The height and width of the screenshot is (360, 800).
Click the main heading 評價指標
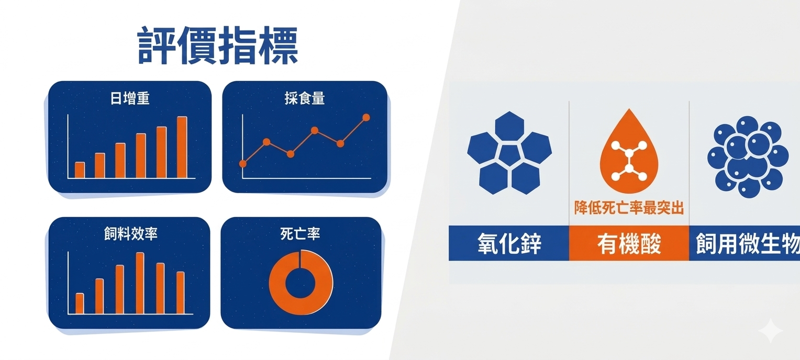tap(217, 46)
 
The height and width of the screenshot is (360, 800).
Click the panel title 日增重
tap(130, 98)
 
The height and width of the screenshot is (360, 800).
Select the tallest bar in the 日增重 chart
tap(182, 147)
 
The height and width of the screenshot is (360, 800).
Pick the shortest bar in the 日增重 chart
tap(80, 170)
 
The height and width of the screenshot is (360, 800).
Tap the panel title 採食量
tap(305, 98)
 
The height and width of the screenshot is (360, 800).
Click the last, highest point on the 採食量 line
tap(366, 117)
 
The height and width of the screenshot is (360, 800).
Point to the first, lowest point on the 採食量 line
tap(243, 164)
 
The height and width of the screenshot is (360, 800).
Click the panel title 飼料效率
tap(131, 234)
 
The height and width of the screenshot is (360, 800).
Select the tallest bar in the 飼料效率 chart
tap(140, 283)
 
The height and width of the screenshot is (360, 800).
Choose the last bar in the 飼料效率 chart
tap(180, 293)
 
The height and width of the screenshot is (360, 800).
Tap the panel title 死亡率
tap(300, 234)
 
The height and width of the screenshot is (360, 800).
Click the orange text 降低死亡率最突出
tap(629, 208)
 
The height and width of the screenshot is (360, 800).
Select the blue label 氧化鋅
tap(509, 244)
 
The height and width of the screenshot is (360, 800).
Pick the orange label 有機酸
tap(629, 244)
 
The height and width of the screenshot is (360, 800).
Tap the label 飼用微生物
tap(748, 244)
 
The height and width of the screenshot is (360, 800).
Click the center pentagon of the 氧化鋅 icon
tap(509, 154)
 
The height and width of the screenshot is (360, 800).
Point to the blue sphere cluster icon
tap(748, 156)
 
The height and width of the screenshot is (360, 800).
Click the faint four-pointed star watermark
tap(771, 331)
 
